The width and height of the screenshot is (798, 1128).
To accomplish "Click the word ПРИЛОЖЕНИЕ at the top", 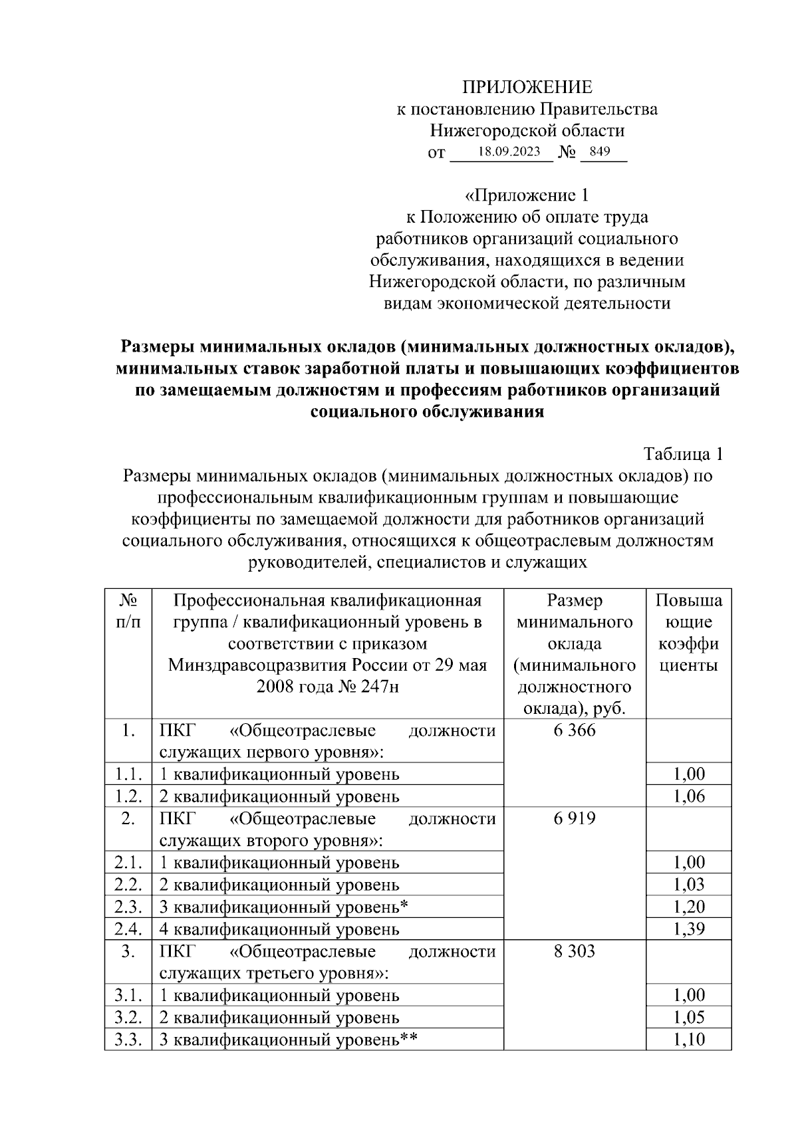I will click(x=527, y=87).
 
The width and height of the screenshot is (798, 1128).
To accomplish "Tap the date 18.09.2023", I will click(x=509, y=152).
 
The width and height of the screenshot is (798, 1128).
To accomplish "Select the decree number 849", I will click(x=599, y=152).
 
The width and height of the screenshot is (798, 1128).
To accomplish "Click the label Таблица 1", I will click(x=682, y=454).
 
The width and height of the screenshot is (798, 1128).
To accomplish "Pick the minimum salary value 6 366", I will click(x=574, y=731).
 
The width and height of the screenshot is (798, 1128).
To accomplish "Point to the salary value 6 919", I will click(x=574, y=819).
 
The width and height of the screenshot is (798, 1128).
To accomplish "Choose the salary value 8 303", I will click(x=574, y=952).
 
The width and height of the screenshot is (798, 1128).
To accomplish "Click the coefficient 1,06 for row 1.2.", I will click(x=688, y=796).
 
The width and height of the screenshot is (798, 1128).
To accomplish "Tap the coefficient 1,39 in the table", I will click(x=688, y=929).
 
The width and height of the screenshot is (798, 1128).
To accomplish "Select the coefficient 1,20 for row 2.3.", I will click(x=688, y=907).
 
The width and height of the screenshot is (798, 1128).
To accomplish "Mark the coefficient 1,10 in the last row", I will click(x=688, y=1040).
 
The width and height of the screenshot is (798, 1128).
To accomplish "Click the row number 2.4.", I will click(x=128, y=929).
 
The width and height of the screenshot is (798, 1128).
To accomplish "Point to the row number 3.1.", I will click(x=128, y=996).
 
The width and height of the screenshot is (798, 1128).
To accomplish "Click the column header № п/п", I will click(x=128, y=612).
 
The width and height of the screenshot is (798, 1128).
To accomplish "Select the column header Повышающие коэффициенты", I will click(x=688, y=633).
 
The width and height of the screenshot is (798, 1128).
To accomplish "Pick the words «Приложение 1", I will click(x=527, y=195).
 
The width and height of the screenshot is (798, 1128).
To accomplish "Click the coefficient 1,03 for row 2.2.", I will click(x=688, y=885).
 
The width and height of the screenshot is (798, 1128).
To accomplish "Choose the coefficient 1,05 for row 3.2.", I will click(x=688, y=1018).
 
